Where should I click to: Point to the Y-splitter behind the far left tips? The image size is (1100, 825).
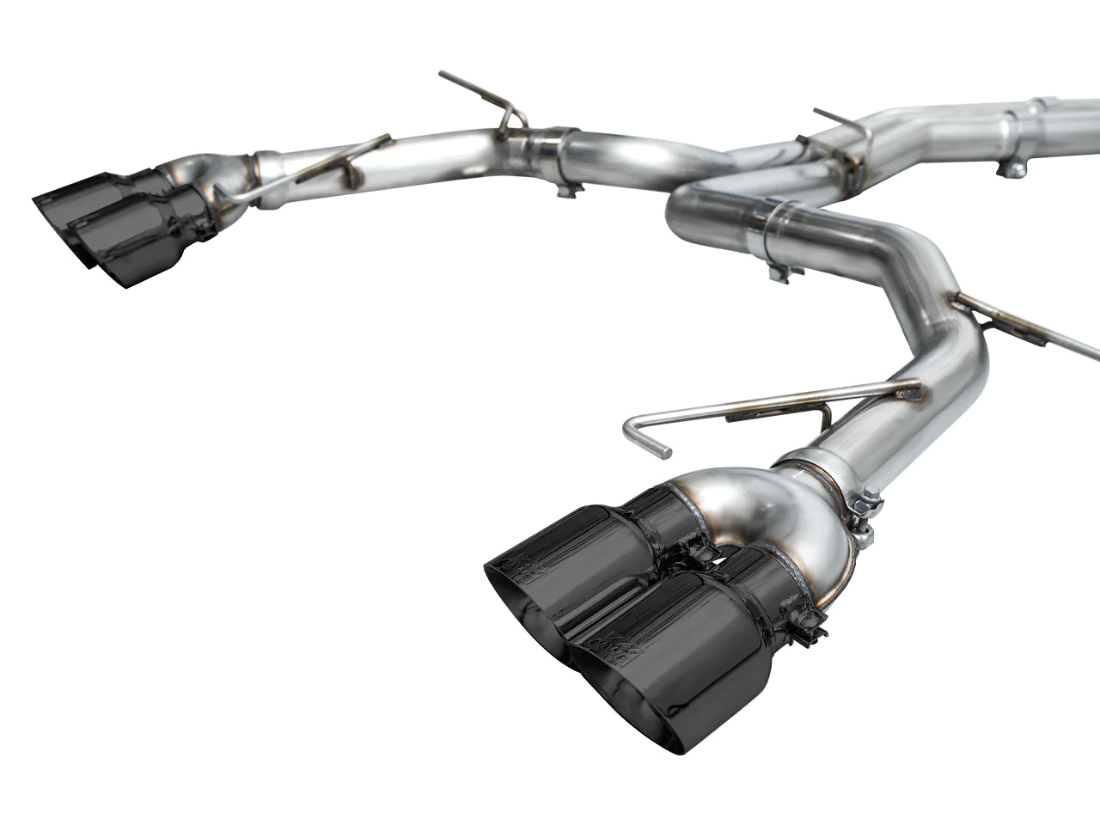pyautogui.click(x=215, y=172)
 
